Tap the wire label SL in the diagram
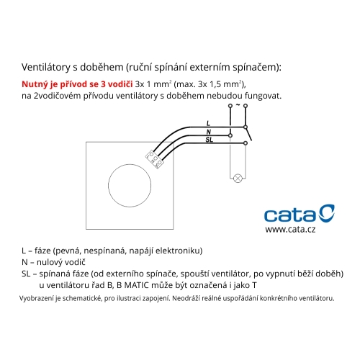(208, 140)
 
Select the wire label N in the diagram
(208, 132)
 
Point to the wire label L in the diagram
(208, 124)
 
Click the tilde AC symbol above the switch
(238, 105)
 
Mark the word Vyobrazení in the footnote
(39, 297)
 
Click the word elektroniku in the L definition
(180, 251)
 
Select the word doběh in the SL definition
(325, 274)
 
